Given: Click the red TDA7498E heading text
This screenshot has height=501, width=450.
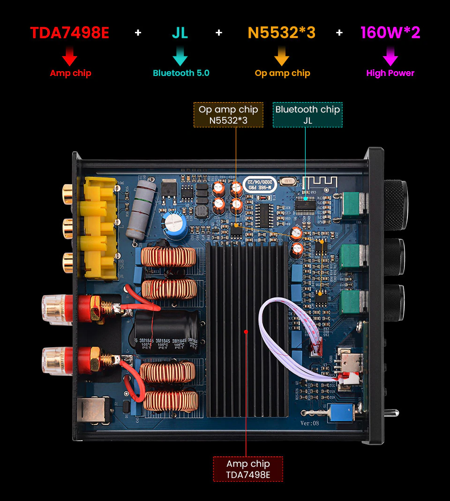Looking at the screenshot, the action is [x=69, y=33].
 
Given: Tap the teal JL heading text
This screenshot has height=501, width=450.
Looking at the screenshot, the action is [x=180, y=33].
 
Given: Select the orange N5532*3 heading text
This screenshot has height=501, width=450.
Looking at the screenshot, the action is [x=281, y=33].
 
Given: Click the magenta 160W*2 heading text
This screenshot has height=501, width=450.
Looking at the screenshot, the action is [x=390, y=33].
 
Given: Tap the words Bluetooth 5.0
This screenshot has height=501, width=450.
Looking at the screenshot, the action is [x=181, y=73].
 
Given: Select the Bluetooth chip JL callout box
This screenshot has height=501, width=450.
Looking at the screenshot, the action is [x=307, y=115].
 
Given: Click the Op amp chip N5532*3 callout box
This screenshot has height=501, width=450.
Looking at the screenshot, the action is [x=228, y=115].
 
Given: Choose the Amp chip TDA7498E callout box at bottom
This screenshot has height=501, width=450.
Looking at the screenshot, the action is [x=248, y=469].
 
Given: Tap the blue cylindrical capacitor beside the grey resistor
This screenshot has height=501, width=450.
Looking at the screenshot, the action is [x=175, y=225].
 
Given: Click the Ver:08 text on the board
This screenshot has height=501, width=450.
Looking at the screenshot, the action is [x=309, y=423].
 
